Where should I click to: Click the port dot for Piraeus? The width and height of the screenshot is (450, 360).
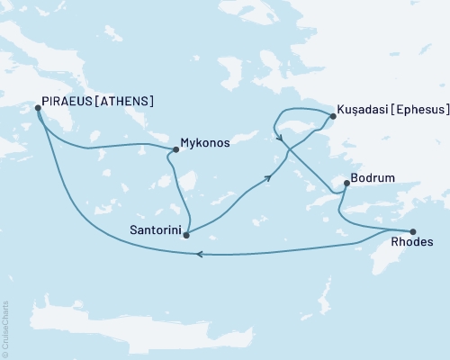pyautogui.click(x=38, y=108)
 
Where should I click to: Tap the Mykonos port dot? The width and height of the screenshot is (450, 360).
pyautogui.click(x=175, y=149)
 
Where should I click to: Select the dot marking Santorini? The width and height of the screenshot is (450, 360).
pyautogui.click(x=185, y=235)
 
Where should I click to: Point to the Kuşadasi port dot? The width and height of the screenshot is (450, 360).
pyautogui.click(x=331, y=115)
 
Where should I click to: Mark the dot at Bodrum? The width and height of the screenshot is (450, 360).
pyautogui.click(x=346, y=184)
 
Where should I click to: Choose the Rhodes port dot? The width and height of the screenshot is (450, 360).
pyautogui.click(x=413, y=230)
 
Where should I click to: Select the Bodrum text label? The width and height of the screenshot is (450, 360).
pyautogui.click(x=373, y=178)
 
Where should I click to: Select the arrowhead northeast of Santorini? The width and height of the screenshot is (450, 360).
pyautogui.click(x=267, y=179)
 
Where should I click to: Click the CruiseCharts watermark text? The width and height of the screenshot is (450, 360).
pyautogui.click(x=5, y=325)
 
